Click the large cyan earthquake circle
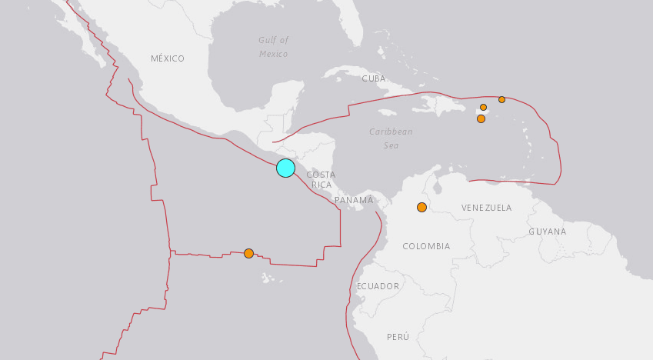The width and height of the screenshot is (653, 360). tap(285, 168)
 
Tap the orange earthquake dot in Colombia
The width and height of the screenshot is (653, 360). tap(421, 207)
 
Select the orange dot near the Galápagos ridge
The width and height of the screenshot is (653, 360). tap(248, 253)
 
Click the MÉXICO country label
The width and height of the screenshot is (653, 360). tap(168, 58)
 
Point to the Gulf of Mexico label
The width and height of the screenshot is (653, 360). tap(273, 47)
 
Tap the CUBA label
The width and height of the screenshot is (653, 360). tap(374, 78)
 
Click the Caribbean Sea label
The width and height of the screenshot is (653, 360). tap(391, 138)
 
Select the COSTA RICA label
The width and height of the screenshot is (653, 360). tap(321, 179)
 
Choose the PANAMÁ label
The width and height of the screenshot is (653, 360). tap(354, 200)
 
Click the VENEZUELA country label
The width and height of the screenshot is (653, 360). tap(486, 208)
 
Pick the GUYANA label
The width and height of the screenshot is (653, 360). tap(547, 232)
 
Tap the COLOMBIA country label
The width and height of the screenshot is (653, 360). tap(426, 246)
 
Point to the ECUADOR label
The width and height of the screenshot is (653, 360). tap(378, 286)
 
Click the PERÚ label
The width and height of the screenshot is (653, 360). tap(398, 337)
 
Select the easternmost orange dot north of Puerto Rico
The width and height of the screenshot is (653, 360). tap(501, 99)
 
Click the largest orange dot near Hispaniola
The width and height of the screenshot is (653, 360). tap(481, 118)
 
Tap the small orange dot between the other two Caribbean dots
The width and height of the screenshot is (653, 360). tap(483, 108)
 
